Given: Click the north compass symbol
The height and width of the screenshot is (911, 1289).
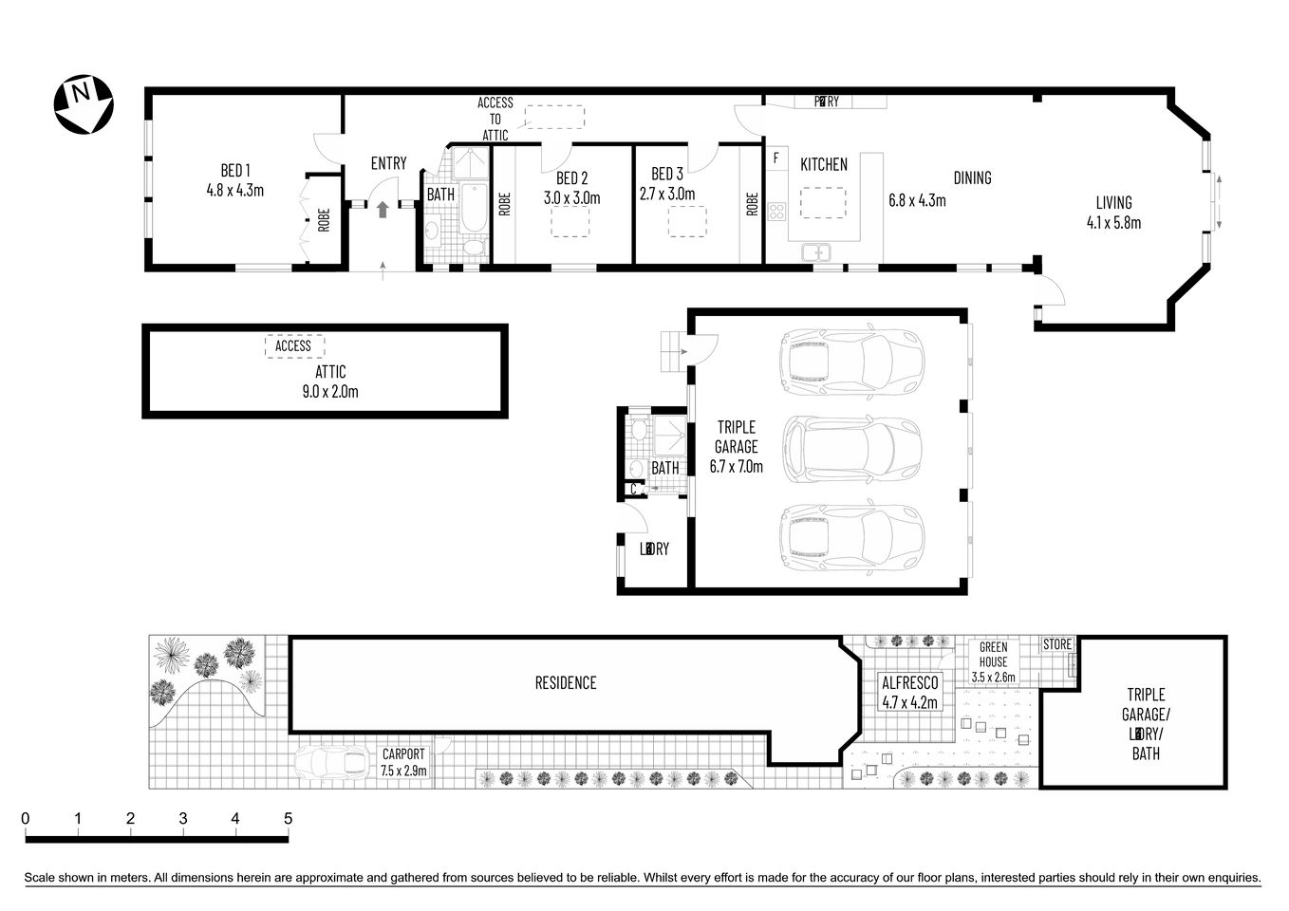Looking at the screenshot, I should [x=84, y=104].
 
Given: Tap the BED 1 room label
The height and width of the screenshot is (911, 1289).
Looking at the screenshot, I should [x=234, y=171].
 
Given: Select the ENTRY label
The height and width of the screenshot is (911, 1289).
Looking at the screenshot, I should [x=388, y=164].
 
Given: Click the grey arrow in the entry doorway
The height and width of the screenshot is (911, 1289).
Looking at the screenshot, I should [x=383, y=210].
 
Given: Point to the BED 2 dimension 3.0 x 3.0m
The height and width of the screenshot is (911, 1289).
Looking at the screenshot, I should [x=571, y=198].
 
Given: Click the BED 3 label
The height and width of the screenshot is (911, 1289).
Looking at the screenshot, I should [x=667, y=175].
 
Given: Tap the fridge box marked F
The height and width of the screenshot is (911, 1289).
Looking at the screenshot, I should [x=775, y=158].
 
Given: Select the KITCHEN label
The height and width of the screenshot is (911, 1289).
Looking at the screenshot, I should [x=823, y=165].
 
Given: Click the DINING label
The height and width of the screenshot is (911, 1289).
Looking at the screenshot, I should [x=972, y=177].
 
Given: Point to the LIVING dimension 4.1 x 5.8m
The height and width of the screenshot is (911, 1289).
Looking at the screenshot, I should [x=1113, y=223].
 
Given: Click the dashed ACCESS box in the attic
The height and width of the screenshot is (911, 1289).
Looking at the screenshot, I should [x=293, y=346].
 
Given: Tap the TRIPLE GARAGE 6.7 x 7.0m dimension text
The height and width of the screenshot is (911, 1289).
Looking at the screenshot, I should [x=736, y=466].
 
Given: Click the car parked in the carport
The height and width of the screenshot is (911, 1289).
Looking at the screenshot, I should [x=330, y=762].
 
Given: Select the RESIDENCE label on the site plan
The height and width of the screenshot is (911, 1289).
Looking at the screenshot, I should [x=566, y=682].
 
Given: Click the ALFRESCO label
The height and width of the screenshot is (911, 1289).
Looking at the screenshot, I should [x=909, y=683].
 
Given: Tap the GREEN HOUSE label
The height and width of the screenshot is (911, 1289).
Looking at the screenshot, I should [x=994, y=655].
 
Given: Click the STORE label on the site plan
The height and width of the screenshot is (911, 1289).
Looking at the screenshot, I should [x=1056, y=644].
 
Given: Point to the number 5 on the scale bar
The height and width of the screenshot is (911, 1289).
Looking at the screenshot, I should [x=287, y=819].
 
